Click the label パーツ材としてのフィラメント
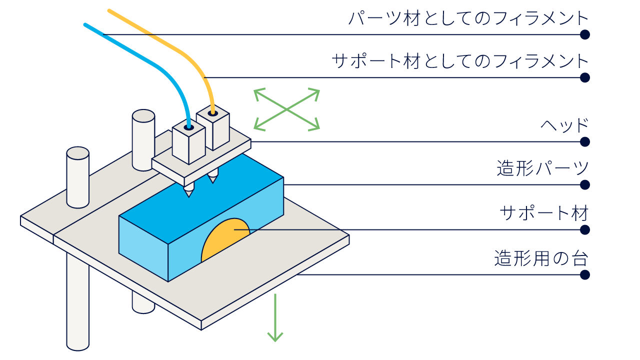(x=468, y=19)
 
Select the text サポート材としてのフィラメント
(x=460, y=61)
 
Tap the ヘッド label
(x=564, y=125)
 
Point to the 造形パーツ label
(x=542, y=168)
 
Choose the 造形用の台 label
(x=541, y=258)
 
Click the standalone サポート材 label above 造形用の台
(x=544, y=213)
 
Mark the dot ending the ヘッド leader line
(x=585, y=141)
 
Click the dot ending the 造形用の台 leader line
(x=585, y=275)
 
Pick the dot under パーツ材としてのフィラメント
(x=585, y=34)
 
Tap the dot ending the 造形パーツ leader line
(x=585, y=185)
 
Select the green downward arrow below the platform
(x=275, y=317)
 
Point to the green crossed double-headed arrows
(x=286, y=109)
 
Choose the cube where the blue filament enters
(x=189, y=141)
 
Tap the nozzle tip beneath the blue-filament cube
(x=188, y=196)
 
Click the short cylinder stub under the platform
(x=143, y=303)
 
